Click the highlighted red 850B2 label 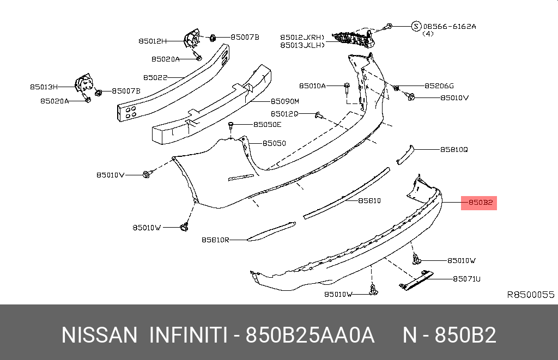click(x=480, y=203)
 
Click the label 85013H click(x=44, y=86)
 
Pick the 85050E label click(x=267, y=125)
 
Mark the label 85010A click(x=312, y=86)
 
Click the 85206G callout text click(x=439, y=86)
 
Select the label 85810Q click(x=454, y=149)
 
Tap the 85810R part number click(x=215, y=239)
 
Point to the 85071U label click(x=466, y=279)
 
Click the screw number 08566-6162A click(x=450, y=26)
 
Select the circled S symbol click(x=416, y=26)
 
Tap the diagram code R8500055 click(x=530, y=295)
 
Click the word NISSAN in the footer click(x=99, y=335)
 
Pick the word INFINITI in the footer click(x=187, y=335)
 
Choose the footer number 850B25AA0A click(x=310, y=335)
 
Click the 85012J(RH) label click(x=302, y=37)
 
